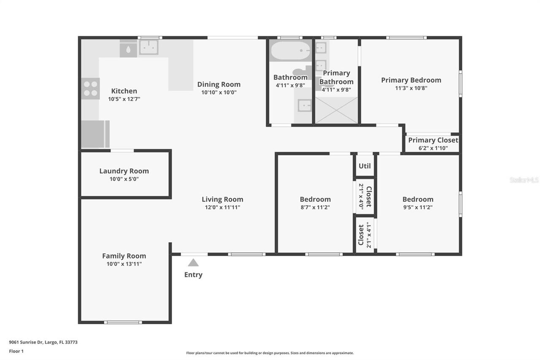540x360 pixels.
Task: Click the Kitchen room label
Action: coord(124,91)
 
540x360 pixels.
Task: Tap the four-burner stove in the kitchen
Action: coord(90,88)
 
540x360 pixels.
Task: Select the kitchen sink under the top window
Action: coord(148,47)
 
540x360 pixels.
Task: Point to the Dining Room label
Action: coord(219,84)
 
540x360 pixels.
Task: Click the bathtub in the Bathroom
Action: coord(290,51)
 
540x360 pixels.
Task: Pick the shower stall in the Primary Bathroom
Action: coord(336,110)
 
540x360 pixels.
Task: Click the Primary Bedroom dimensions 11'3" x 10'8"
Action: coord(411,88)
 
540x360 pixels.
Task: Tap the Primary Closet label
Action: coord(433,140)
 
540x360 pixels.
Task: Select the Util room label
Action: coord(364,166)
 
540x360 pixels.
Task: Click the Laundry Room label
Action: coord(124,171)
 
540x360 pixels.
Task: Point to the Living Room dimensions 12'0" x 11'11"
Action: coord(222,207)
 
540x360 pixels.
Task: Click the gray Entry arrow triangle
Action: coord(193,263)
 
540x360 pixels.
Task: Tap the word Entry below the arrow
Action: coord(193,275)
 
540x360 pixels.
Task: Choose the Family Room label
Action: coord(124,256)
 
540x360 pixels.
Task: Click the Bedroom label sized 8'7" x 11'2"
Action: coord(315,199)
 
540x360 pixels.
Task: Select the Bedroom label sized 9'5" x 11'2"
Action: coord(418,199)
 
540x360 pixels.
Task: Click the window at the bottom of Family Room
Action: coord(123,322)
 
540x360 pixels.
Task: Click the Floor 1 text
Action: coord(16,351)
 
